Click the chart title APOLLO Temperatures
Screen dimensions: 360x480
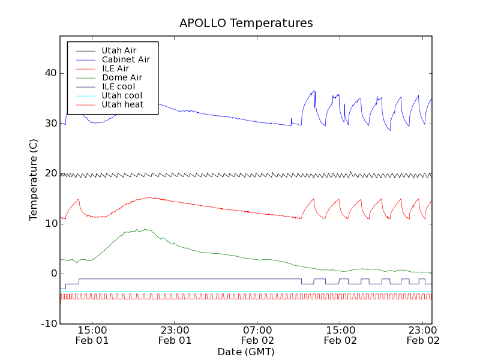coord(246,23)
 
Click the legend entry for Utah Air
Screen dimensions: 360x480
coord(119,50)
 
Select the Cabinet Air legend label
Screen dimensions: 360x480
coord(125,59)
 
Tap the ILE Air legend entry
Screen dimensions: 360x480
coord(115,68)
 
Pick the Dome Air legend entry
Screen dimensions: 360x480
coord(122,77)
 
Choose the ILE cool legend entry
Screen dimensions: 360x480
coord(118,86)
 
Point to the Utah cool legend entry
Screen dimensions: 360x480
coord(122,95)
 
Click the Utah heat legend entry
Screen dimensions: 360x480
coord(122,104)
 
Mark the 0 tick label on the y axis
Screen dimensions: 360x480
coord(53,274)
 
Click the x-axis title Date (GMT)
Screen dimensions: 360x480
coord(246,352)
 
